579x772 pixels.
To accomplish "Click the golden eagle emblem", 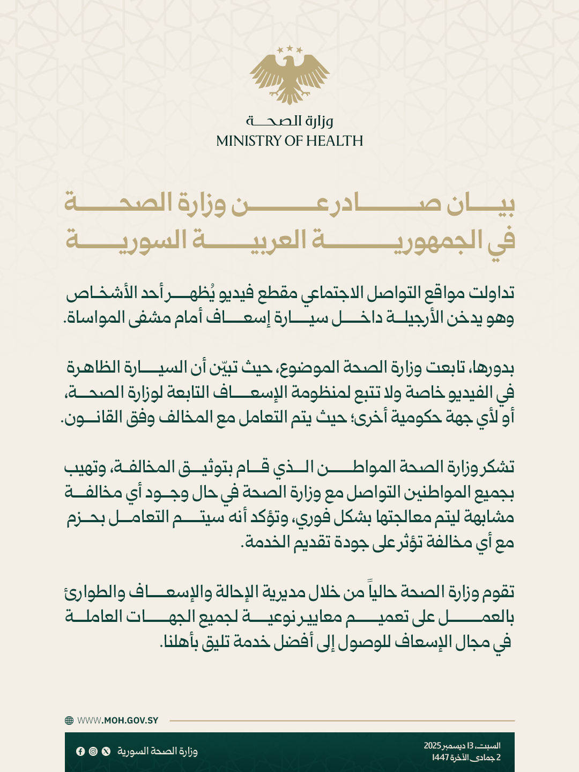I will [289, 78].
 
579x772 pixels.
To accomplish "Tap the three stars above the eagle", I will [289, 49].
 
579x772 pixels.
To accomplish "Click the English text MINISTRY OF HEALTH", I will [289, 141].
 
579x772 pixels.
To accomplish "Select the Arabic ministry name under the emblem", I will [289, 121].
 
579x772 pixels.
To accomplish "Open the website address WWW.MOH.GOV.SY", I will [118, 721].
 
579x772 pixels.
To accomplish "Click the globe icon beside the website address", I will [69, 721].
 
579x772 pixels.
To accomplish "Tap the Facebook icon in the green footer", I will [80, 751].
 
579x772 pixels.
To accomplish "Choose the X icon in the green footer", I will [106, 751].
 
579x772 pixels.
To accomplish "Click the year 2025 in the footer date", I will [432, 746].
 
